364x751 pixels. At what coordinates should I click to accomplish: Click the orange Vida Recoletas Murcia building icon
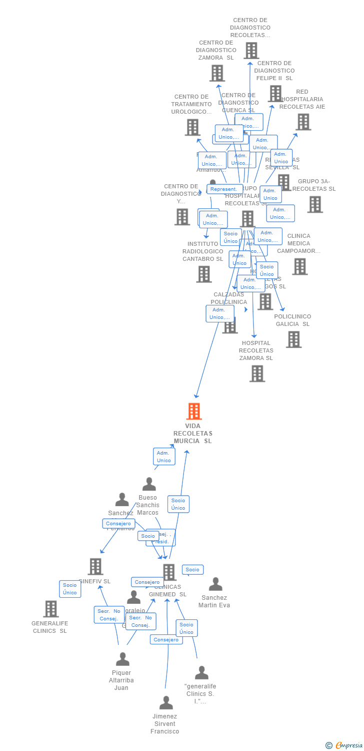pyautogui.click(x=194, y=411)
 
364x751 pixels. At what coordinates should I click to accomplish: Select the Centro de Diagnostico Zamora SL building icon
pyautogui.click(x=217, y=73)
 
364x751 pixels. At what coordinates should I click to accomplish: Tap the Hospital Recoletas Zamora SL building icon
pyautogui.click(x=257, y=373)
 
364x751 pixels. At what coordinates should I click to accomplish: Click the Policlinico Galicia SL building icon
pyautogui.click(x=293, y=339)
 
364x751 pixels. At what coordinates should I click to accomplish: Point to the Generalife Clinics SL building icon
pyautogui.click(x=51, y=609)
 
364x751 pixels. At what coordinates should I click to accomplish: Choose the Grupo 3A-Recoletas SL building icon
pyautogui.click(x=314, y=204)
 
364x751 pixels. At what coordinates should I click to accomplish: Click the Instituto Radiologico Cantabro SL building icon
pyautogui.click(x=204, y=274)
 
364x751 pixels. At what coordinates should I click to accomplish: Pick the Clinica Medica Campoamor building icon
pyautogui.click(x=299, y=266)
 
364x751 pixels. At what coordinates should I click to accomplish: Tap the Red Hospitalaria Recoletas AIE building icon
pyautogui.click(x=303, y=122)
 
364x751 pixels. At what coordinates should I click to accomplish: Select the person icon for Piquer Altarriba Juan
pyautogui.click(x=122, y=659)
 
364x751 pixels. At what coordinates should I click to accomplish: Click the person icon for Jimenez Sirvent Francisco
pyautogui.click(x=165, y=702)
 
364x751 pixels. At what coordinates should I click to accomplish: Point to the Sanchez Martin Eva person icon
pyautogui.click(x=215, y=584)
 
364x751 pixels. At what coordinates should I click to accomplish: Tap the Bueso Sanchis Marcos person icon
pyautogui.click(x=149, y=484)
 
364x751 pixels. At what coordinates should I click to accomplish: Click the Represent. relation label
pyautogui.click(x=223, y=189)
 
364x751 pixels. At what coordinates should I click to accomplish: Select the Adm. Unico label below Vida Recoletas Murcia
pyautogui.click(x=164, y=457)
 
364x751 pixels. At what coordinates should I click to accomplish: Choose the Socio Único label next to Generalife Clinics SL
pyautogui.click(x=70, y=589)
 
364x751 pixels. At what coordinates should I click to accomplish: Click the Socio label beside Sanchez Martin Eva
pyautogui.click(x=192, y=570)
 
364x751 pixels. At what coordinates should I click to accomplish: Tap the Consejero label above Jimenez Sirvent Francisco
pyautogui.click(x=166, y=639)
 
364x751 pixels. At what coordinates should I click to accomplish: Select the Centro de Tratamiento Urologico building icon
pyautogui.click(x=192, y=127)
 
